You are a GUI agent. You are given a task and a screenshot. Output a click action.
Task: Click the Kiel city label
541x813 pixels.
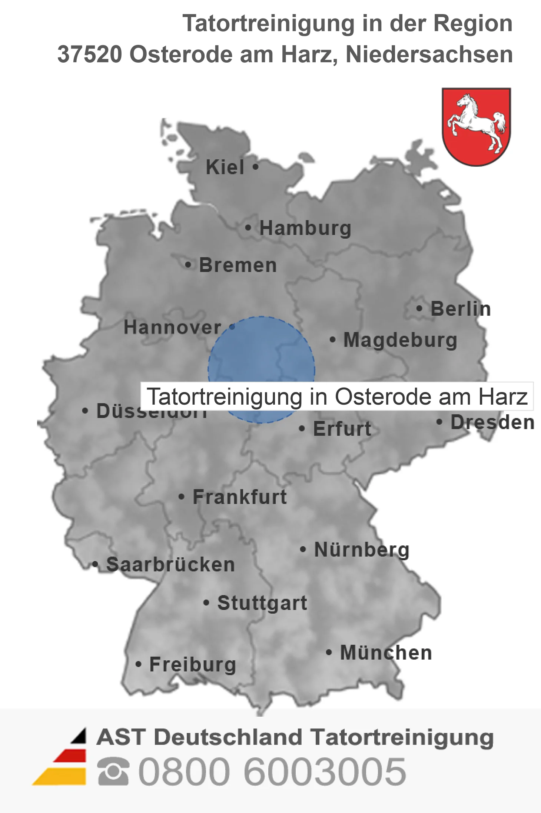click(225, 167)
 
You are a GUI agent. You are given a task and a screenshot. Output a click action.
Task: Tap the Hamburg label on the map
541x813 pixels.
click(305, 228)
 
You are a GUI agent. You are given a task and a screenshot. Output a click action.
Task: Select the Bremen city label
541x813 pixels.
click(238, 265)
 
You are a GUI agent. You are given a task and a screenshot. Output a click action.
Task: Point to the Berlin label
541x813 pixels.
click(461, 309)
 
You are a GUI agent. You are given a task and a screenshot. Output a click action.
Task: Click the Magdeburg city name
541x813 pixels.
click(400, 340)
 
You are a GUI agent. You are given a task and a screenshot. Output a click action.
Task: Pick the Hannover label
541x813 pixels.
click(172, 327)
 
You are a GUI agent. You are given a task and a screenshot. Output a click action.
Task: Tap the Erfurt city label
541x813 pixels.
click(342, 429)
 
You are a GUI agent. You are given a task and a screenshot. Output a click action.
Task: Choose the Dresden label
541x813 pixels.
click(492, 422)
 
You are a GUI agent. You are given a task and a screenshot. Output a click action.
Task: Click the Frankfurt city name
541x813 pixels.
click(240, 497)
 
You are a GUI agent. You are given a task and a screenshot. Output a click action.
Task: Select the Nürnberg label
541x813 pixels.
click(362, 550)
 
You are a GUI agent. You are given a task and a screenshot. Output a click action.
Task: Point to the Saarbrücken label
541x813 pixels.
click(170, 565)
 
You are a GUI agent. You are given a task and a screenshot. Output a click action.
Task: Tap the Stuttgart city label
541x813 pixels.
click(262, 603)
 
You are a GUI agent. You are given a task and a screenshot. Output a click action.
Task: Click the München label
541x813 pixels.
click(386, 653)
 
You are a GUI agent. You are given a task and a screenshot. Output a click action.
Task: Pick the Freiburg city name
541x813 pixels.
click(192, 664)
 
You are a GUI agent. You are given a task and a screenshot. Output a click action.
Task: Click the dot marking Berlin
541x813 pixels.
click(419, 308)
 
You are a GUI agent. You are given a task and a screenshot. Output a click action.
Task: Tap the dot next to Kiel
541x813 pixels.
click(255, 167)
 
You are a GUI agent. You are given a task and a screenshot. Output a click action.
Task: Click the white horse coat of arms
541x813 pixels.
click(476, 126)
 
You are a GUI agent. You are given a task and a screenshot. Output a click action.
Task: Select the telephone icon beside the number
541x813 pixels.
click(113, 771)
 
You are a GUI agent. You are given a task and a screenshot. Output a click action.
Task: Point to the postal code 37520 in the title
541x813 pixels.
click(90, 54)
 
